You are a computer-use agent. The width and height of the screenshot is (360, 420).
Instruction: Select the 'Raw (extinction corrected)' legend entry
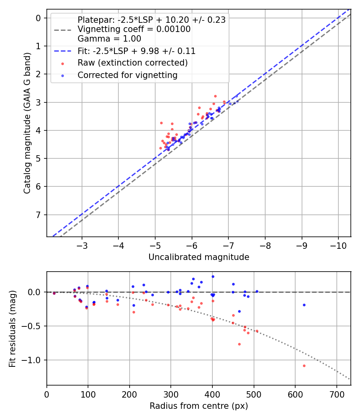tap(132, 63)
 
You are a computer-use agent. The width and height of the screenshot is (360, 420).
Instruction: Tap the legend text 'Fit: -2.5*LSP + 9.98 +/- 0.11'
tap(136, 51)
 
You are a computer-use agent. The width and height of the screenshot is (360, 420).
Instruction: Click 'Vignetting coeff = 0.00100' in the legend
tap(134, 29)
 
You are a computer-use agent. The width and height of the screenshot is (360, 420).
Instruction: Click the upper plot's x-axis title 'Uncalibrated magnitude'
tap(199, 257)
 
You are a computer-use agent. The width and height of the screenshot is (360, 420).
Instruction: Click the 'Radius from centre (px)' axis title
tap(199, 406)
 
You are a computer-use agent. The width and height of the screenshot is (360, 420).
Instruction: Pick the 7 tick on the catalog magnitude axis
tap(39, 215)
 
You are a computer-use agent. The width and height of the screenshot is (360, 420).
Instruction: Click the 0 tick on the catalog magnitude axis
tap(39, 18)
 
